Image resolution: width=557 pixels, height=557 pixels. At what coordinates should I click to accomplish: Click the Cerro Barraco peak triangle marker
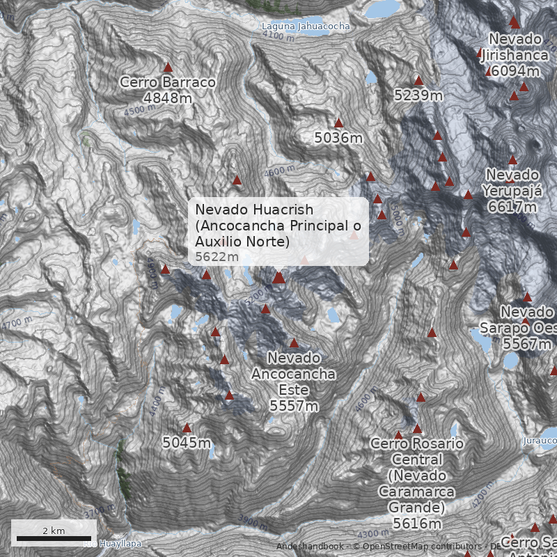coord(168,68)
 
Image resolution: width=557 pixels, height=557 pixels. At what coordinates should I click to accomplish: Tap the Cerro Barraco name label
coord(167,82)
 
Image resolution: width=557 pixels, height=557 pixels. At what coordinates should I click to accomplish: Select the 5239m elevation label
coord(418,95)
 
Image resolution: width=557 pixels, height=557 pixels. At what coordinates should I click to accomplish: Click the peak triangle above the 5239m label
coord(418,81)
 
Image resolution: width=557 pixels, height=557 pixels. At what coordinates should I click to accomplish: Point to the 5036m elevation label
coord(338,138)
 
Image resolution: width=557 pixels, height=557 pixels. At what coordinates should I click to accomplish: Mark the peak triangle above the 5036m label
coord(339,123)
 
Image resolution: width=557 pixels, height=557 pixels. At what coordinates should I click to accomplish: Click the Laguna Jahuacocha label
coord(306,26)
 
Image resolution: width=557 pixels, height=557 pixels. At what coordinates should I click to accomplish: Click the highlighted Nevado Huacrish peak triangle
coord(278,277)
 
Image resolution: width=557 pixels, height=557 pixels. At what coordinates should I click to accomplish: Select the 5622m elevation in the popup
coord(217,257)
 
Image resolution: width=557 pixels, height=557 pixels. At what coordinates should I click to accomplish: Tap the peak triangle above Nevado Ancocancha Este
coord(294,343)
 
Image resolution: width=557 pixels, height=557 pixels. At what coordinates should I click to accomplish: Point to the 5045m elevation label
coord(187,442)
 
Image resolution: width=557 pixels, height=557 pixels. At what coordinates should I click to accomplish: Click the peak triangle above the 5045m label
coord(187,428)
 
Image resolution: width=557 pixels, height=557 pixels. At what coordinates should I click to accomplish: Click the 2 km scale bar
coord(54,538)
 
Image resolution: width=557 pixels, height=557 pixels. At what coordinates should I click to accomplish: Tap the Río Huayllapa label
coord(113,544)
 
